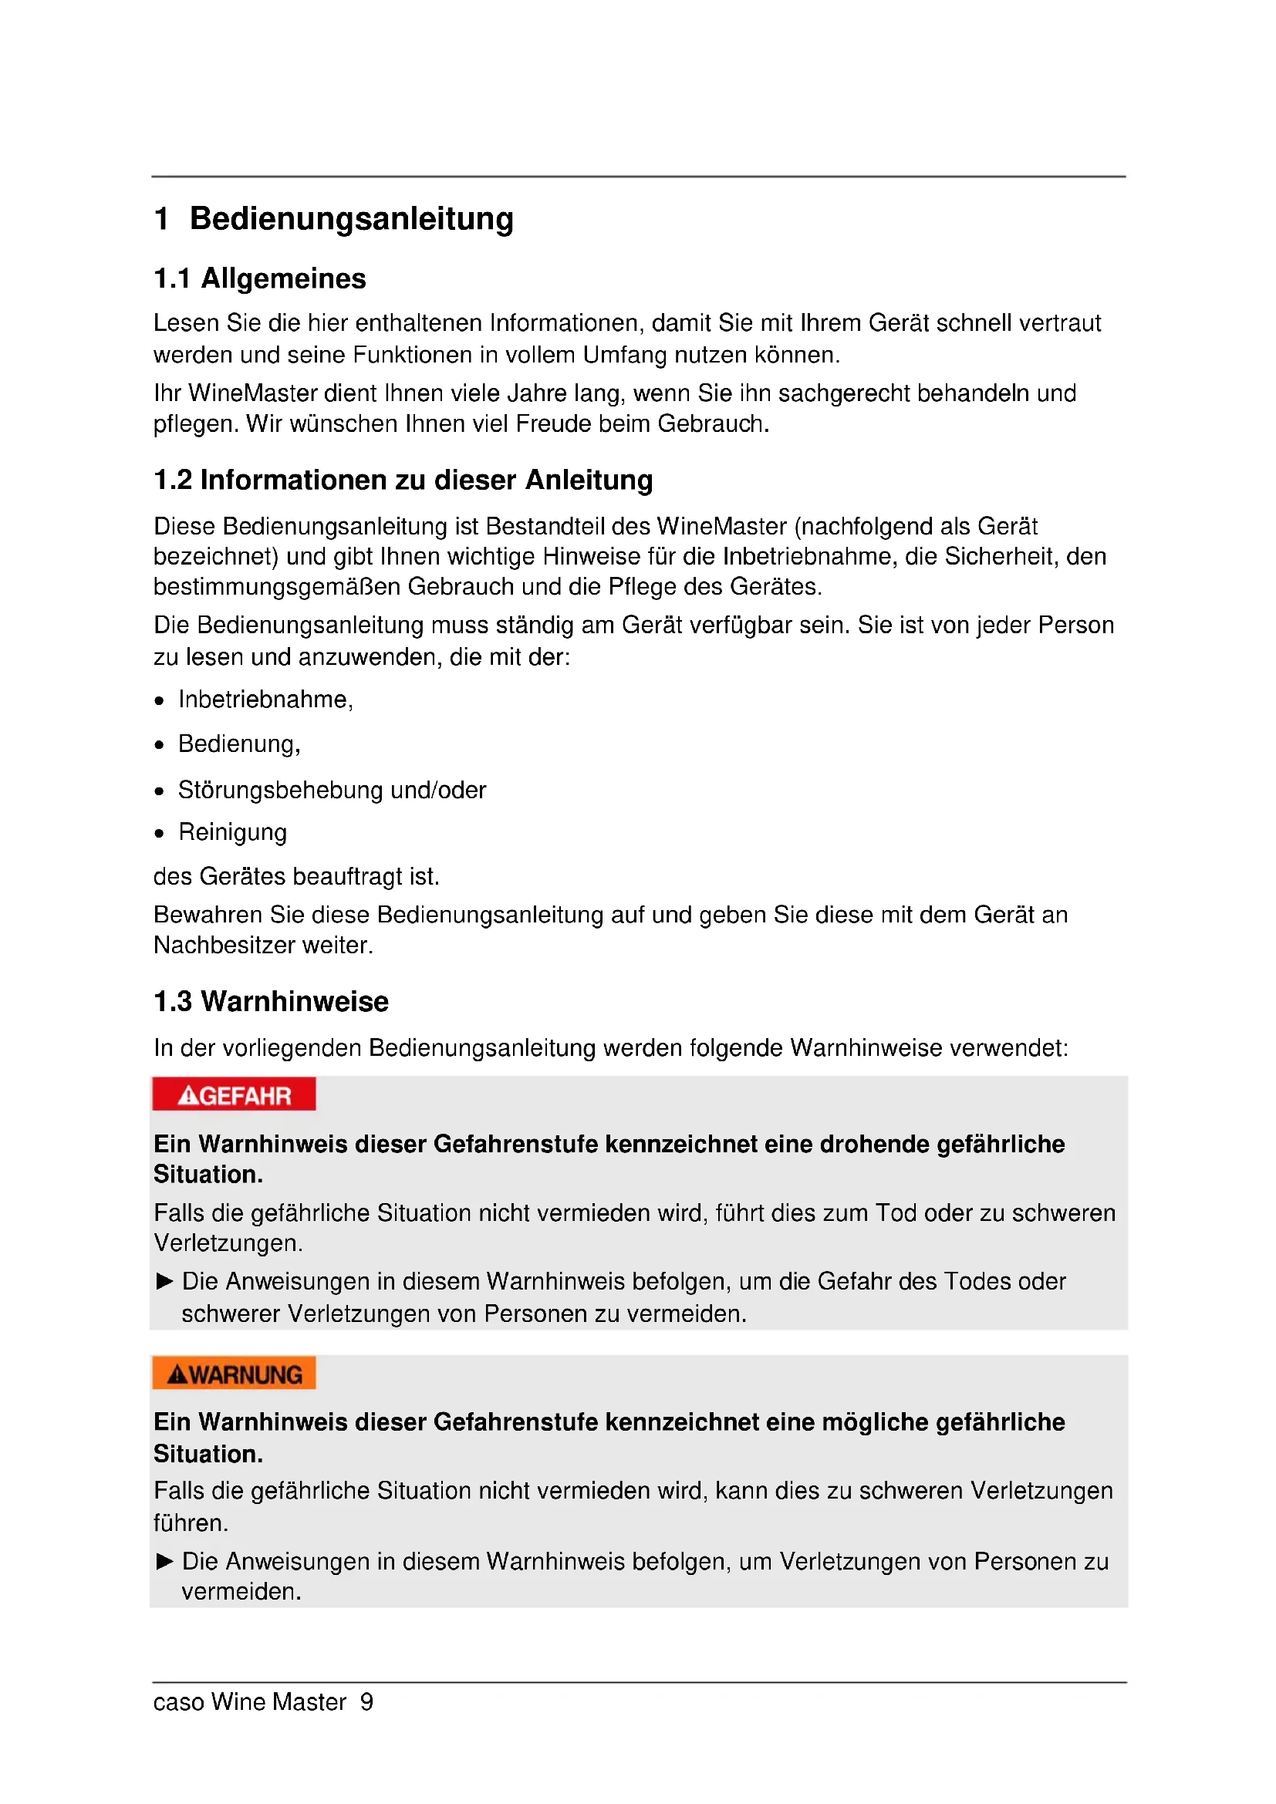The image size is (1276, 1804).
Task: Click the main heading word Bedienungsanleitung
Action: coord(351,218)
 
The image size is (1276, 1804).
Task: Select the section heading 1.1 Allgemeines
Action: coord(259,279)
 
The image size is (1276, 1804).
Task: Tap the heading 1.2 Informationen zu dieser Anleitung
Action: coord(403,480)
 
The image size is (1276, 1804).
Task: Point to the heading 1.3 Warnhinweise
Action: coord(271,1002)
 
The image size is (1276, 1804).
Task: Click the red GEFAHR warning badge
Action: coord(235,1094)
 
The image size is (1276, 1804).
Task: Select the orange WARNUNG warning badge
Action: coord(235,1374)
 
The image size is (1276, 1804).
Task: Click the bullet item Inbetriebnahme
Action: coord(265,700)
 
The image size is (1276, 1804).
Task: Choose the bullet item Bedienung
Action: coord(239,744)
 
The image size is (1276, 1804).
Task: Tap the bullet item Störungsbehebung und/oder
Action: coord(332,790)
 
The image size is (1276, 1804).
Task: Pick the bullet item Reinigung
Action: coord(232,832)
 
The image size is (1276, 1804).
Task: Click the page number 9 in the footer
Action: coord(366,1703)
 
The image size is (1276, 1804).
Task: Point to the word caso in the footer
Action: coord(178,1703)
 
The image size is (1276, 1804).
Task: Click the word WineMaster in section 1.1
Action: coord(252,393)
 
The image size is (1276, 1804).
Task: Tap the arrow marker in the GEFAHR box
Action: coord(164,1282)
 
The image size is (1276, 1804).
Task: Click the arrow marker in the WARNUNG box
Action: coord(164,1561)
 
